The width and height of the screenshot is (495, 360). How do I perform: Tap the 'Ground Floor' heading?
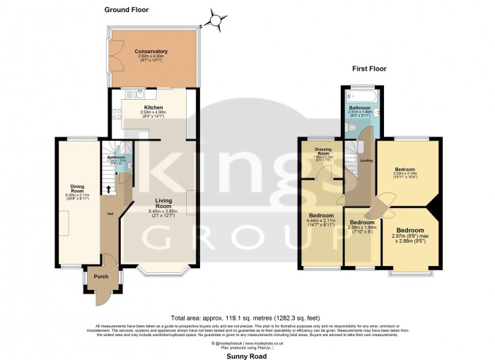pyautogui.click(x=128, y=9)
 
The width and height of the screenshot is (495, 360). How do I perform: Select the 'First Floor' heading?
pyautogui.click(x=372, y=69)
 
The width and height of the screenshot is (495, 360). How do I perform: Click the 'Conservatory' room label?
pyautogui.click(x=152, y=52)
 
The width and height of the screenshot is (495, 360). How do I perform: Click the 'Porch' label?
pyautogui.click(x=101, y=277)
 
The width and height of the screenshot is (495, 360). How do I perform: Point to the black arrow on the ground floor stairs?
pyautogui.click(x=107, y=189)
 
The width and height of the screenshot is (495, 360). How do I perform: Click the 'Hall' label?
pyautogui.click(x=110, y=214)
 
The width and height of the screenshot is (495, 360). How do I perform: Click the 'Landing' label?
pyautogui.click(x=367, y=161)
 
